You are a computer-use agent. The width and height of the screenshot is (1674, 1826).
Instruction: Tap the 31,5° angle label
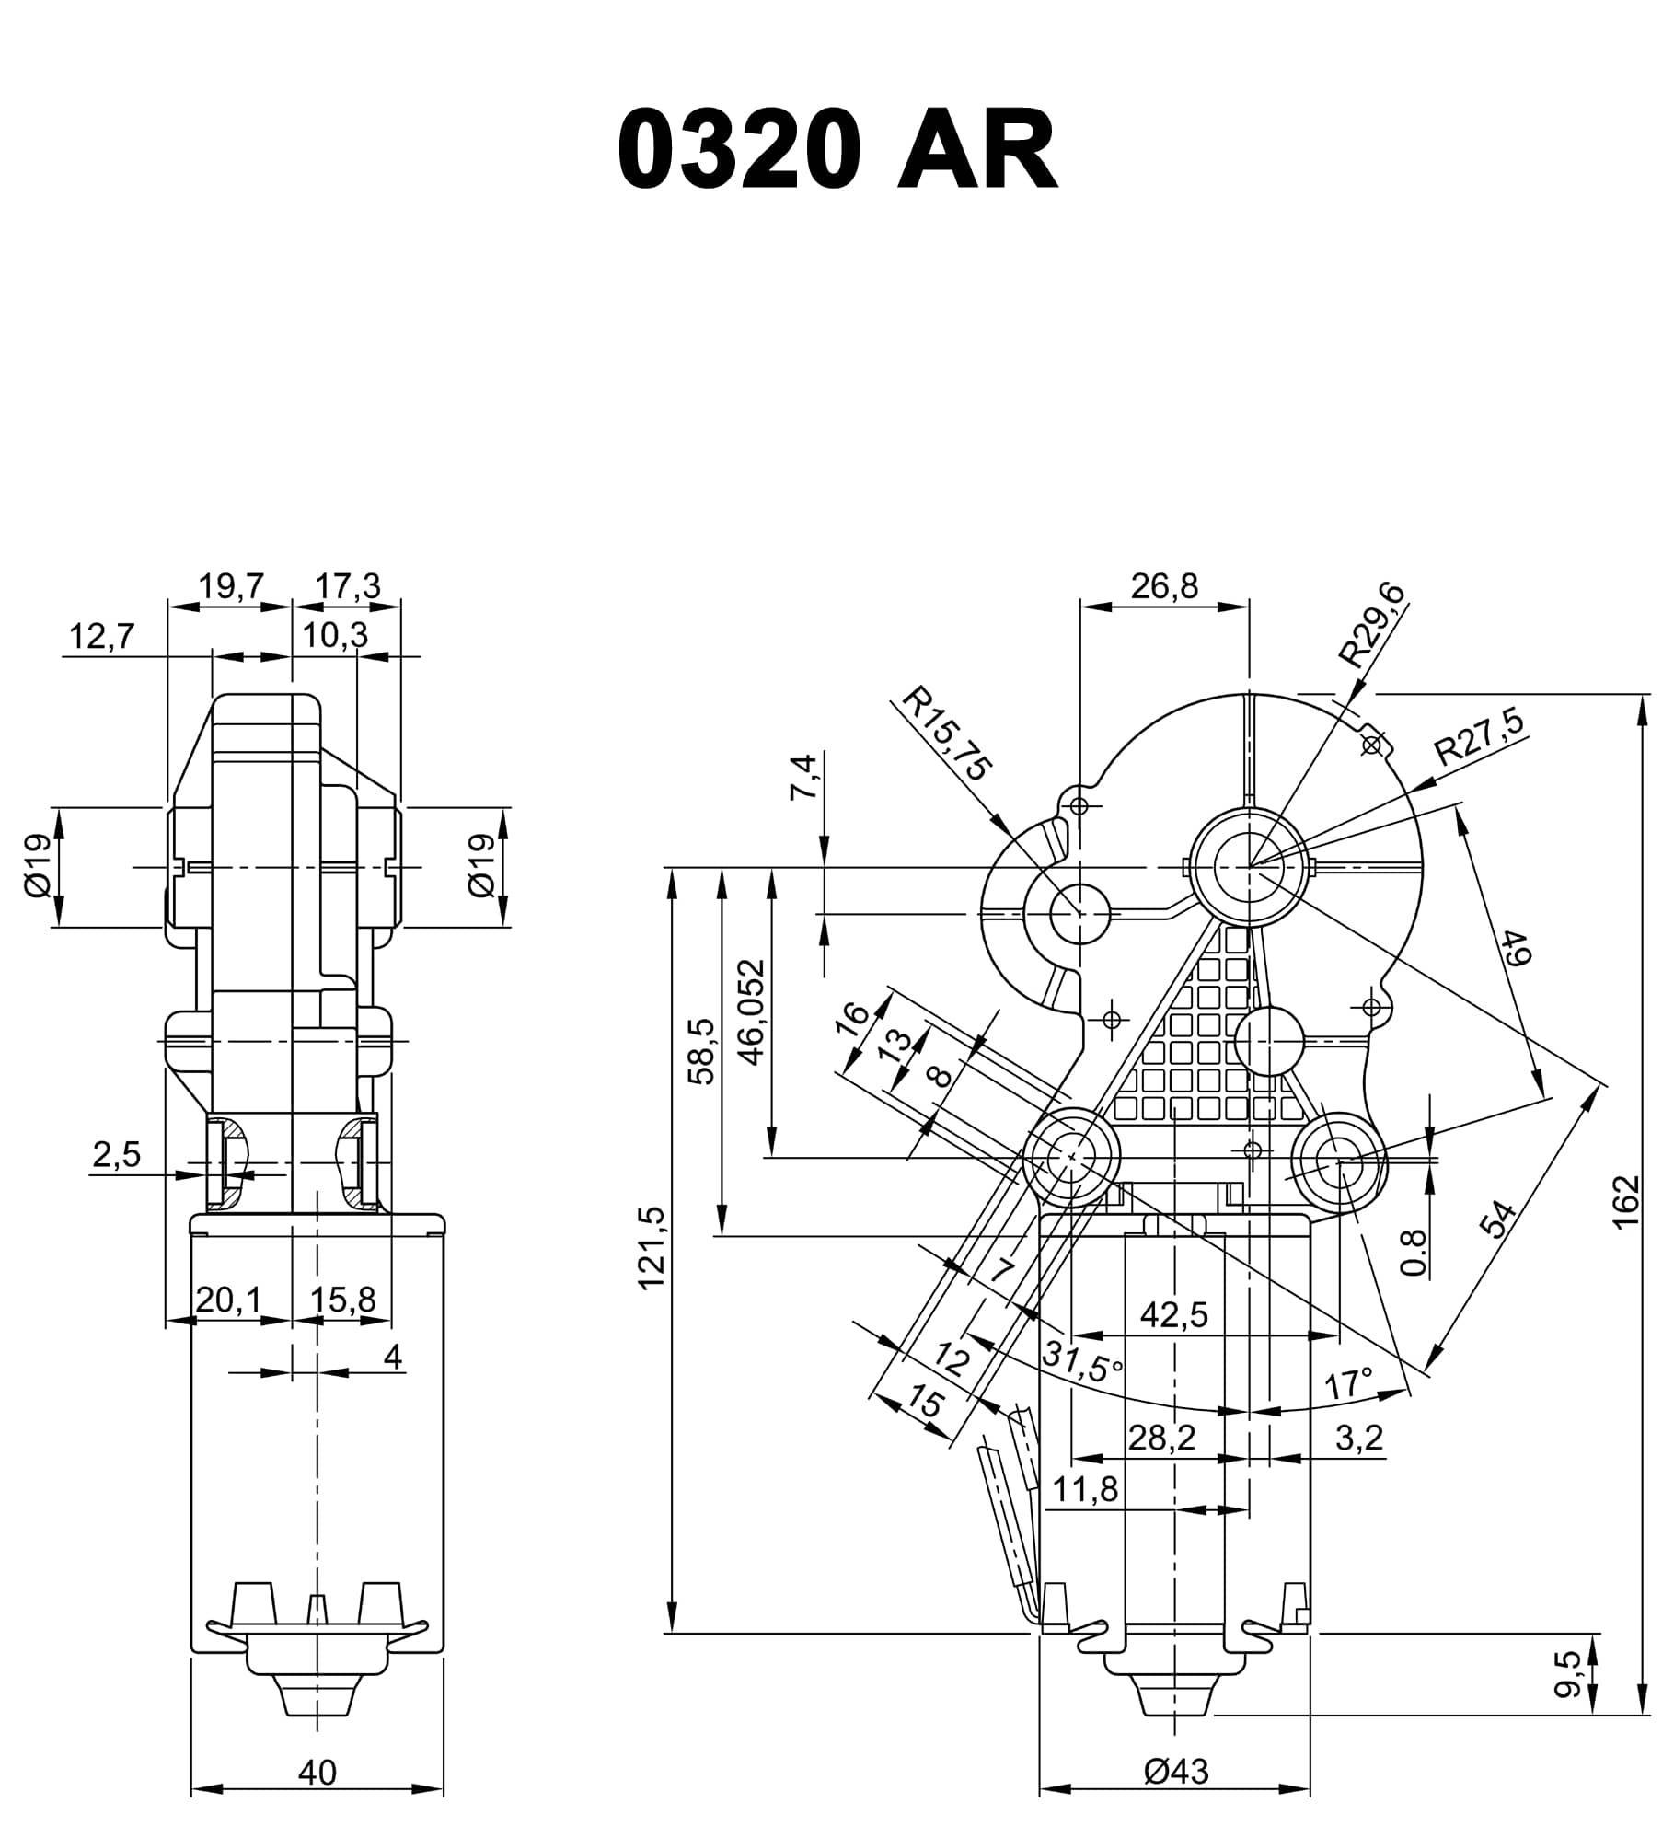click(1083, 1359)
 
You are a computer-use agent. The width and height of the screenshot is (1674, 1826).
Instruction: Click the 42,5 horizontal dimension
click(1173, 1315)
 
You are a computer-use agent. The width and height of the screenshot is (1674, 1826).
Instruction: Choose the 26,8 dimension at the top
click(1164, 586)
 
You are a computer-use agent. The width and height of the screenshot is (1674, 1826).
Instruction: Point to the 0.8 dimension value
click(1415, 1254)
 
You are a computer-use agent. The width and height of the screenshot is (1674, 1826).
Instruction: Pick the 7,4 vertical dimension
click(803, 777)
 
